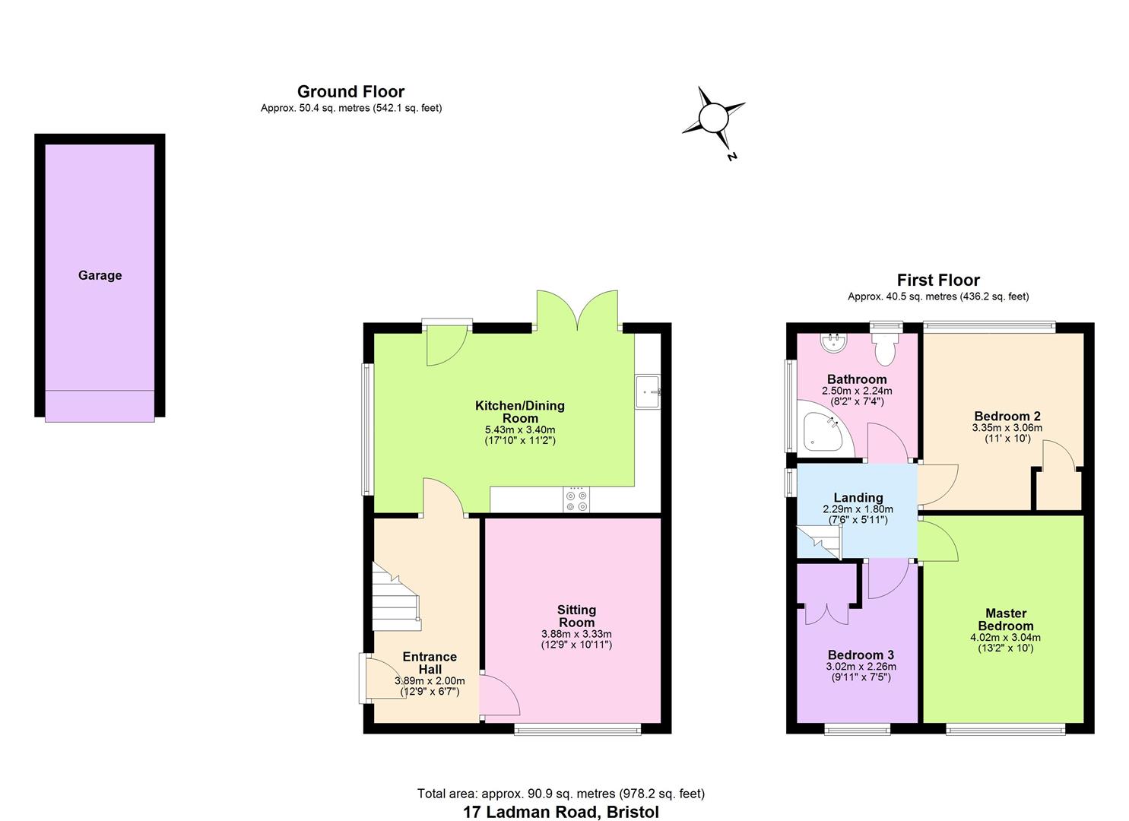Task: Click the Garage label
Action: tap(100, 276)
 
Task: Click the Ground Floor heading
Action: tap(350, 92)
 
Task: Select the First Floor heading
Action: tap(938, 281)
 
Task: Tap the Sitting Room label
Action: tap(576, 616)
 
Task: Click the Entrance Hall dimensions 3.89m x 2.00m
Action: tap(430, 681)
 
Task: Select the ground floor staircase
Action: tap(395, 596)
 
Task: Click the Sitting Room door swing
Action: tap(498, 696)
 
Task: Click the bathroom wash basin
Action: tap(835, 344)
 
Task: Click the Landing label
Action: tap(858, 498)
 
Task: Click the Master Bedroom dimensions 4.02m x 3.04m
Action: tap(1006, 638)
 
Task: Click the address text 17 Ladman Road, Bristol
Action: tap(561, 812)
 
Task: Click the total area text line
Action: tap(561, 794)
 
